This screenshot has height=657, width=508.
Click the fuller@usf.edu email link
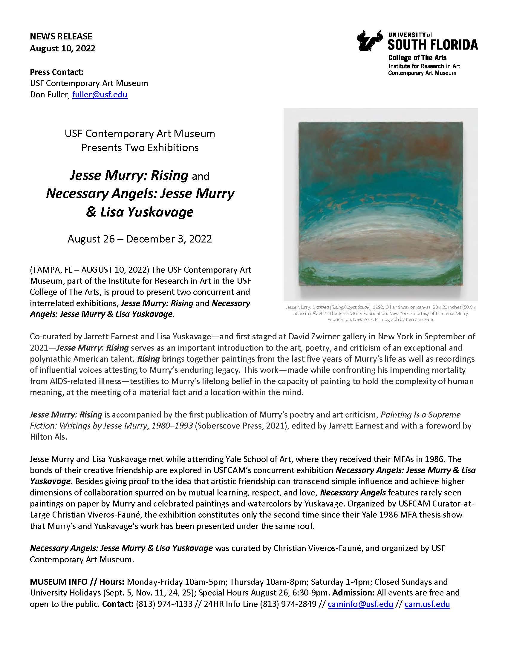point(100,94)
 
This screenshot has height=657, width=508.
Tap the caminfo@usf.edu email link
point(360,604)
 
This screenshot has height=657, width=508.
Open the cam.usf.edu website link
point(427,604)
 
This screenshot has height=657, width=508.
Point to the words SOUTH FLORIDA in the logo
point(432,45)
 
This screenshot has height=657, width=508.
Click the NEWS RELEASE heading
point(61,36)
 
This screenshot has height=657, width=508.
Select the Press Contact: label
point(56,72)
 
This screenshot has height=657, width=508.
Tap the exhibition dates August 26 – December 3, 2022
point(140,239)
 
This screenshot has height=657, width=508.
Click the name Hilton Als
point(48,437)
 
